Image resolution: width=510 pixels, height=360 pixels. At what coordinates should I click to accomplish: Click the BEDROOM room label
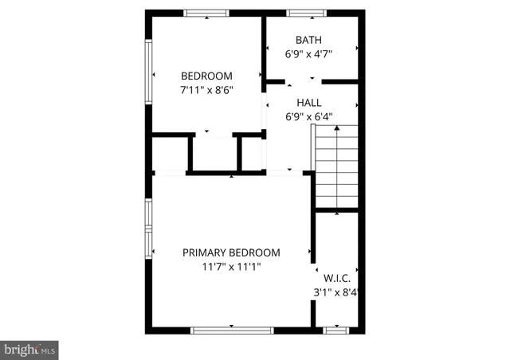coord(206,76)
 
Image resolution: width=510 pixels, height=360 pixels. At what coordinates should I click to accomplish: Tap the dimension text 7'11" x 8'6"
coord(206,91)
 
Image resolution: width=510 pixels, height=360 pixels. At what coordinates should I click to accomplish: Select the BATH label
coord(308,40)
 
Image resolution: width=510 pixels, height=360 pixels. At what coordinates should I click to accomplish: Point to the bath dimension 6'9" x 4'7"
coord(308,54)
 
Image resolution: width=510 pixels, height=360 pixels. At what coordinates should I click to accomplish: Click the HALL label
coord(308,103)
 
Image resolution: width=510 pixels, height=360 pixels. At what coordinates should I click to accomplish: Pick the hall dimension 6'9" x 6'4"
coord(308,116)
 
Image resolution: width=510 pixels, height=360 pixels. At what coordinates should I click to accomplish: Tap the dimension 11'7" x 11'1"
coord(232,267)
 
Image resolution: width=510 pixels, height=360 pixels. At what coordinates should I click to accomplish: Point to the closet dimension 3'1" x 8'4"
coord(338,292)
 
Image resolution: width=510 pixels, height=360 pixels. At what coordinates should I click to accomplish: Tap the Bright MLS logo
coord(29,349)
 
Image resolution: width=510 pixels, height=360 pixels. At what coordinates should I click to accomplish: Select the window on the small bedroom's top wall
coord(206,12)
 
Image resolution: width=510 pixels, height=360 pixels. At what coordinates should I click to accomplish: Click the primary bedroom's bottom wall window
coord(231,329)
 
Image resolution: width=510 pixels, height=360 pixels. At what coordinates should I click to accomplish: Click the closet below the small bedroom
coord(214,153)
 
